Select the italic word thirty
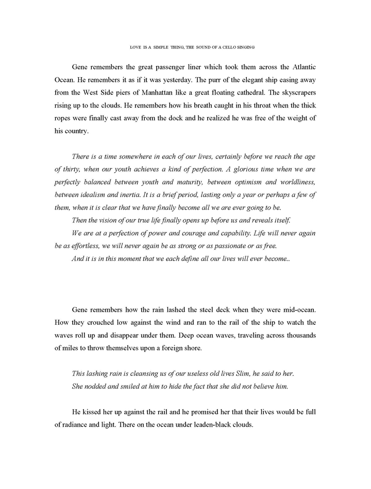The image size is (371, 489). pos(65,169)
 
